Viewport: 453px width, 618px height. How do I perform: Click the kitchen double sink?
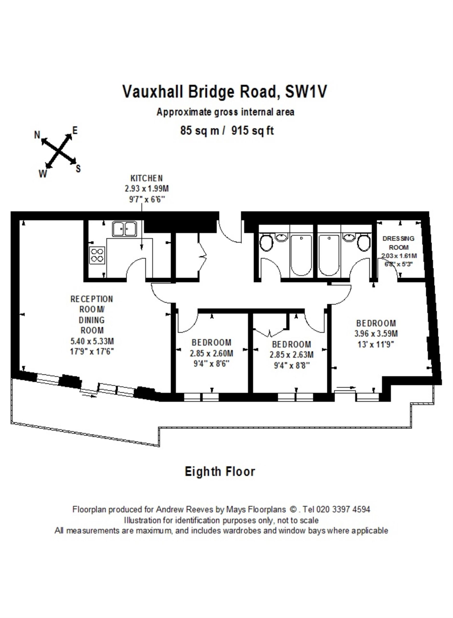tap(124, 229)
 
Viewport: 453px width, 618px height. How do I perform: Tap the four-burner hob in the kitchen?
tap(97, 255)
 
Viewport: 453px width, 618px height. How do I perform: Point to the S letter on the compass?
tap(78, 168)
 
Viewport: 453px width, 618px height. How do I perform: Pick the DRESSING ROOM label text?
tap(399, 243)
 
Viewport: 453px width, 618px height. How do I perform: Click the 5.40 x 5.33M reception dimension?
tap(92, 341)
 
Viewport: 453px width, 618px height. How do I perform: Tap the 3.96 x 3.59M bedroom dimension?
tap(376, 334)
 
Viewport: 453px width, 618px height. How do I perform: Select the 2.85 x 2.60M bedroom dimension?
tap(211, 353)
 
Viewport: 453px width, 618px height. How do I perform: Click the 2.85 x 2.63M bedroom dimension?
tap(291, 355)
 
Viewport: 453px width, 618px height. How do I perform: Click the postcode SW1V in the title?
tap(306, 91)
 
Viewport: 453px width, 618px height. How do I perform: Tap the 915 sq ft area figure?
tap(253, 130)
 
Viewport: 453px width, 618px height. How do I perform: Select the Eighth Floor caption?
tap(220, 472)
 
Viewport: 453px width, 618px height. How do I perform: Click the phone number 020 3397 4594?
tap(343, 510)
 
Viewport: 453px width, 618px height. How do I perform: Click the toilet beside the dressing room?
tap(364, 242)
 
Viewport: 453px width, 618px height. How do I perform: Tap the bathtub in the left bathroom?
tap(301, 255)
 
